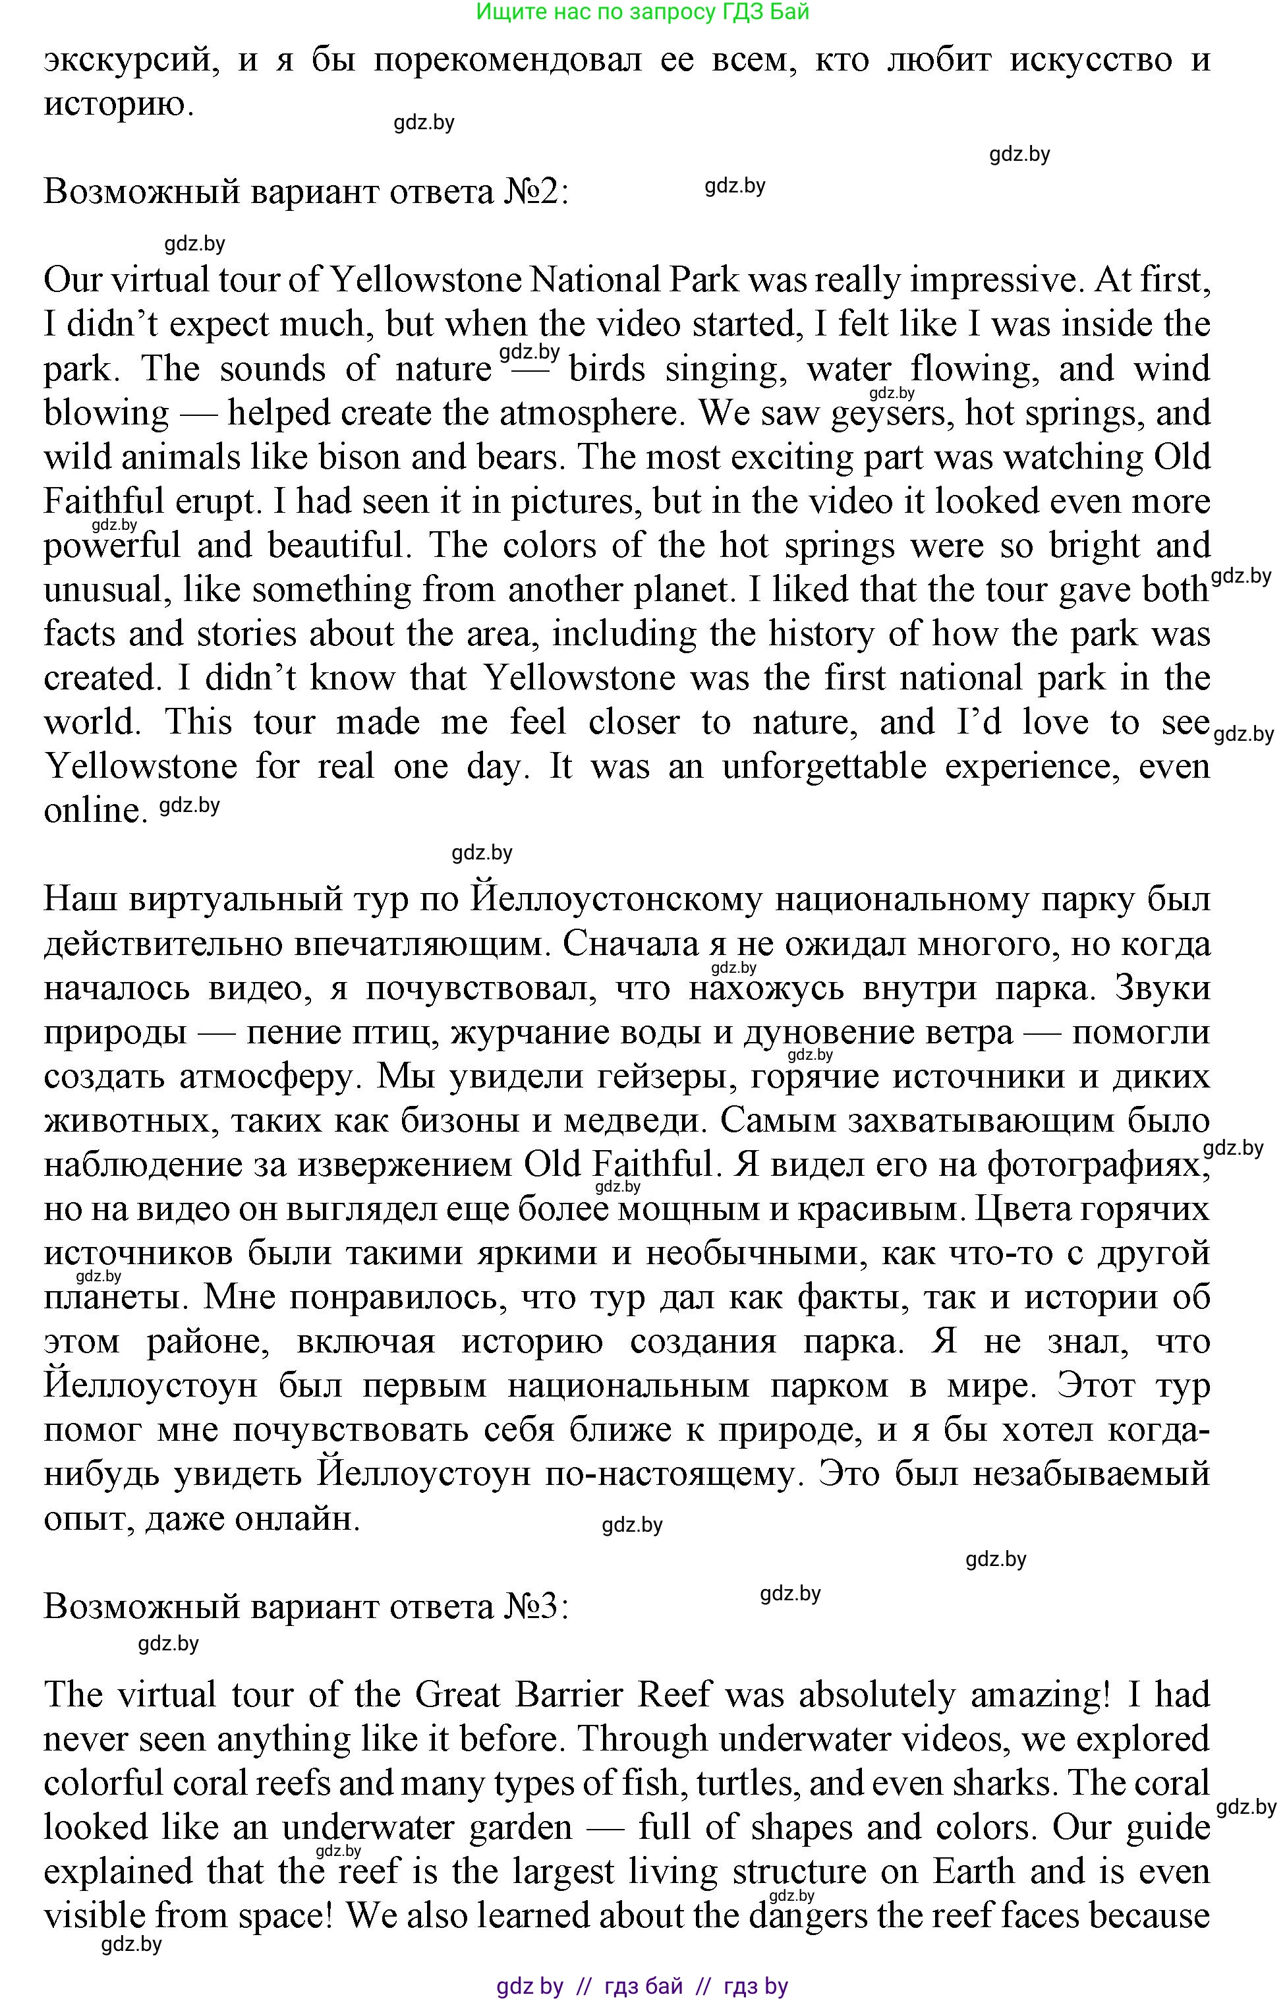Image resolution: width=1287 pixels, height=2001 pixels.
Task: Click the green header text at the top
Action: tap(642, 12)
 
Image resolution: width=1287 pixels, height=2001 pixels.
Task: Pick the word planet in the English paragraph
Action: tap(677, 590)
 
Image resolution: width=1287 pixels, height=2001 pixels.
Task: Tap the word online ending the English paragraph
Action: tap(90, 811)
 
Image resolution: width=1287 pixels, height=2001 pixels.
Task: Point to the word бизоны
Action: tap(456, 1121)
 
